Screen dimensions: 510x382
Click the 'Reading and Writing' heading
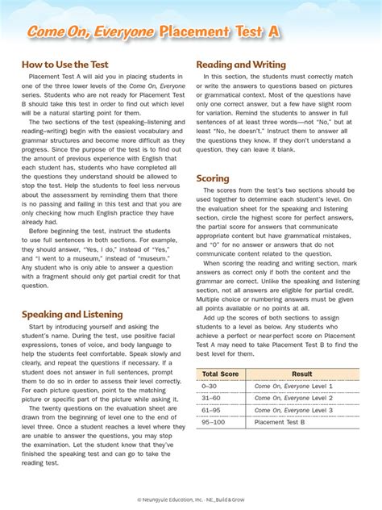click(241, 63)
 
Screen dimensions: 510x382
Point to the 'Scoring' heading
click(213, 178)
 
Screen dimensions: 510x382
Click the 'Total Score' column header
click(220, 374)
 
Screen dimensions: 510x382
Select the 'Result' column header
click(301, 374)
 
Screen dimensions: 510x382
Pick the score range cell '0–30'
click(210, 387)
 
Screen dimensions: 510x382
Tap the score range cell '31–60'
click(211, 398)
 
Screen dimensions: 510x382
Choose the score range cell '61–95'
click(211, 409)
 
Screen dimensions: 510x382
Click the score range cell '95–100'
click(213, 421)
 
